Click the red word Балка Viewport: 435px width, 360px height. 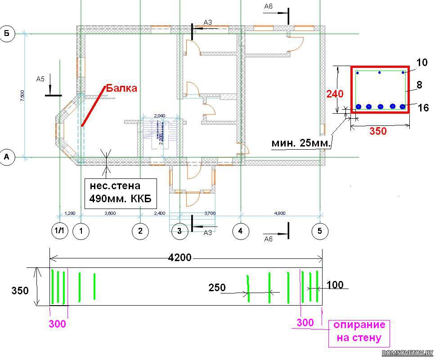(121, 88)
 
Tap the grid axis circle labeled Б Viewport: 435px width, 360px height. (7, 34)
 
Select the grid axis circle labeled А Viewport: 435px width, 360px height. (7, 157)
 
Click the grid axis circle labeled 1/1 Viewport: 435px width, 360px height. (59, 231)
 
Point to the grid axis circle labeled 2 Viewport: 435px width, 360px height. (140, 231)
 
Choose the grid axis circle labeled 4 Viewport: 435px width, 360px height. (241, 231)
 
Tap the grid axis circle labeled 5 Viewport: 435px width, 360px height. (320, 231)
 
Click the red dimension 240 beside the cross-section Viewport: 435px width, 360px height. (335, 94)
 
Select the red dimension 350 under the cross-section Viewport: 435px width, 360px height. (378, 131)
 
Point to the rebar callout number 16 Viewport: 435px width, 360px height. (423, 107)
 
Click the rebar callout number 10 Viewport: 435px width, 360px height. (422, 62)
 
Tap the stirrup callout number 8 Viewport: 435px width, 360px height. (419, 84)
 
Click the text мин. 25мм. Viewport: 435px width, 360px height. (301, 143)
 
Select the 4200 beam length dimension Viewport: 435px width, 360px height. (179, 258)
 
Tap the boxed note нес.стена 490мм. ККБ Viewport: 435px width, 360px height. (121, 192)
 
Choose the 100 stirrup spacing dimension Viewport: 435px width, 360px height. (335, 284)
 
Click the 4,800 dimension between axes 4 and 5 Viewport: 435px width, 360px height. (279, 213)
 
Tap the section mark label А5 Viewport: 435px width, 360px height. (40, 79)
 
